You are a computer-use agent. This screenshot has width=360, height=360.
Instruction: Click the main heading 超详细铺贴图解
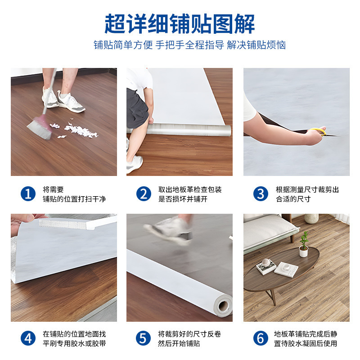tap(180, 24)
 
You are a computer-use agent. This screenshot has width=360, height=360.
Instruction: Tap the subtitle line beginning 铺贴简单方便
tap(189, 45)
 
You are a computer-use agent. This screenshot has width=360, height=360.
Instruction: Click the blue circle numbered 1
tap(28, 194)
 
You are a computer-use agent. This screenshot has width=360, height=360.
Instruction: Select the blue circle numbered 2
tap(144, 194)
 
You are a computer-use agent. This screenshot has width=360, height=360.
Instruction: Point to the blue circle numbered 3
tap(261, 194)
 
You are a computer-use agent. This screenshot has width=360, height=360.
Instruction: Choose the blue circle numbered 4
tap(28, 338)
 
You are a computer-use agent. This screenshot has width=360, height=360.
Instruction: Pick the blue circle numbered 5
tap(143, 338)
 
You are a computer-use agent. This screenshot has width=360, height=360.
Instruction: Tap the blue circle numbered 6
tap(261, 338)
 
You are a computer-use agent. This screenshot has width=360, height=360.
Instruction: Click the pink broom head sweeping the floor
tap(40, 127)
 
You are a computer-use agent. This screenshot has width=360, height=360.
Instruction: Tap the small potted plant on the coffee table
tap(303, 245)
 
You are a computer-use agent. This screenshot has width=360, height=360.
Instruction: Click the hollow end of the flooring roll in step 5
tap(223, 306)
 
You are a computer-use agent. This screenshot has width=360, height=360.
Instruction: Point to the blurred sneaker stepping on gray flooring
tap(169, 230)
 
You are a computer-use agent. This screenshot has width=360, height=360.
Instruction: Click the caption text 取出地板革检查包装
tap(190, 189)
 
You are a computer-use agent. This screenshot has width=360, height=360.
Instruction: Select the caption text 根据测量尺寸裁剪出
tap(307, 189)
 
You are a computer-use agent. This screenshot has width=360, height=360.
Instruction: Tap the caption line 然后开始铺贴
tap(179, 343)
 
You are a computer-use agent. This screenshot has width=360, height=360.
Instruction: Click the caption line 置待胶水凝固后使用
tap(306, 343)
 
